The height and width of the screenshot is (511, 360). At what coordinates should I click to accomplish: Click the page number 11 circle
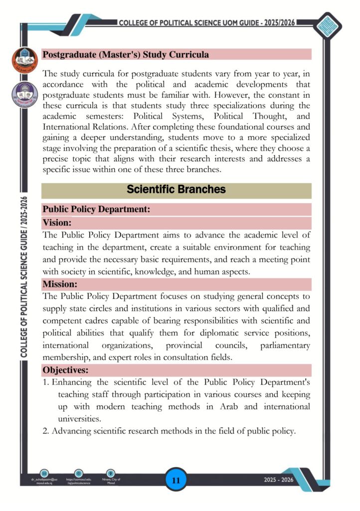point(176,481)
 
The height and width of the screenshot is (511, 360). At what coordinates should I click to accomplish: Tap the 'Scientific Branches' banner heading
point(176,190)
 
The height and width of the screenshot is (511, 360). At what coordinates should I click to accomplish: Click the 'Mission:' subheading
point(60,284)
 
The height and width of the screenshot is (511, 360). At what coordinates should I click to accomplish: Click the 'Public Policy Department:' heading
point(96,210)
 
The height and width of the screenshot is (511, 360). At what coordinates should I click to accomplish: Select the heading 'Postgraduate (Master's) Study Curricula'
point(126,54)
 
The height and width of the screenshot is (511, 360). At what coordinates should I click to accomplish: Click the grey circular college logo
point(24,94)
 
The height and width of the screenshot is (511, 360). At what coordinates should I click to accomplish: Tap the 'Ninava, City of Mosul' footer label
point(112,482)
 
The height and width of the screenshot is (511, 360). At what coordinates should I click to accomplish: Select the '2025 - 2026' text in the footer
point(279,480)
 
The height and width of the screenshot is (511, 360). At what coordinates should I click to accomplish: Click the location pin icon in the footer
point(111,473)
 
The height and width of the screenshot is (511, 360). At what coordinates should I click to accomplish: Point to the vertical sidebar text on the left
point(24,277)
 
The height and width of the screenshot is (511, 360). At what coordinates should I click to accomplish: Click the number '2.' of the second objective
point(46,431)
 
